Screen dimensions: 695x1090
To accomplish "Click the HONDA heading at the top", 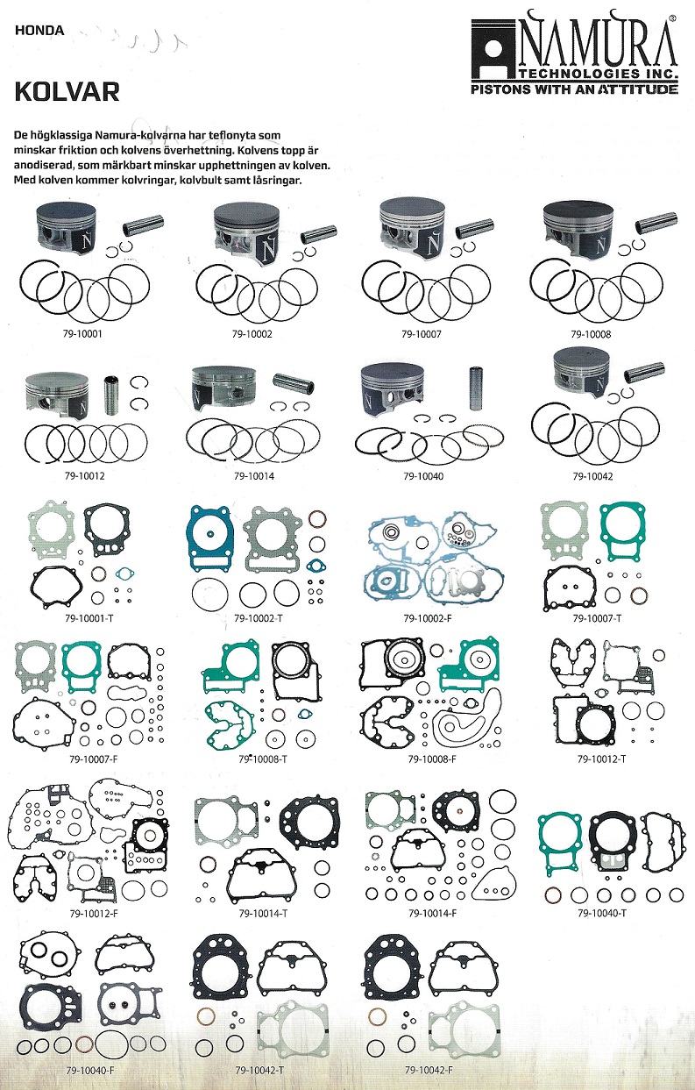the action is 39,31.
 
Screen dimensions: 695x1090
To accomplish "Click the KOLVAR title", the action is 67,92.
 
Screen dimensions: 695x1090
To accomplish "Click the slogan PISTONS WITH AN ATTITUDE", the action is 574,89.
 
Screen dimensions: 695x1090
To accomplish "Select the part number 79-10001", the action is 82,334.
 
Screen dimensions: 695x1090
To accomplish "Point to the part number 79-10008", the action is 591,334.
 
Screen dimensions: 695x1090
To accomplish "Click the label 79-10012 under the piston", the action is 84,476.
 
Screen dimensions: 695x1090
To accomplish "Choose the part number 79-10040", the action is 423,476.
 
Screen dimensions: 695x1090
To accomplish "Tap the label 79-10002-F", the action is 427,618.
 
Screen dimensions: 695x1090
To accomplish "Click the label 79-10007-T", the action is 597,618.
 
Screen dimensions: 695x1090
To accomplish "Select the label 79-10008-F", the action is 432,759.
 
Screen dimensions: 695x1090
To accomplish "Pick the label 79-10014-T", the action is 263,914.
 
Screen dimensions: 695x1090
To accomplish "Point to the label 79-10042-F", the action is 429,1070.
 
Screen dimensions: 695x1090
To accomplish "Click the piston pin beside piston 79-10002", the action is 318,233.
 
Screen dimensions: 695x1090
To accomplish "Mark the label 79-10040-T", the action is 601,914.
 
